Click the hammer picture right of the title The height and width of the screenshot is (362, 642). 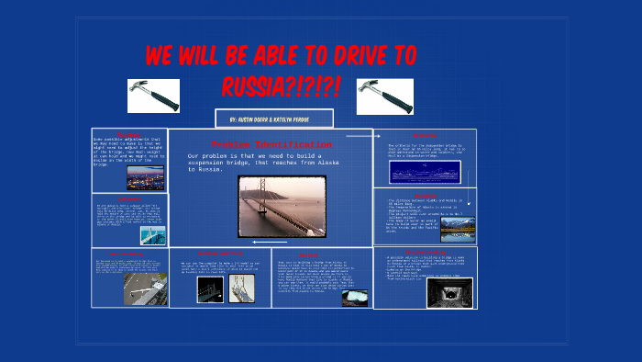[x=384, y=96]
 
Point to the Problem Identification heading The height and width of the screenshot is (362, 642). [x=272, y=145]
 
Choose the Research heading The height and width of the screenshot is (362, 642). [x=425, y=195]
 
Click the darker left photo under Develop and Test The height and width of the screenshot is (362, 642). [x=209, y=289]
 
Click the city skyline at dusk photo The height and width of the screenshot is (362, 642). [x=145, y=176]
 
